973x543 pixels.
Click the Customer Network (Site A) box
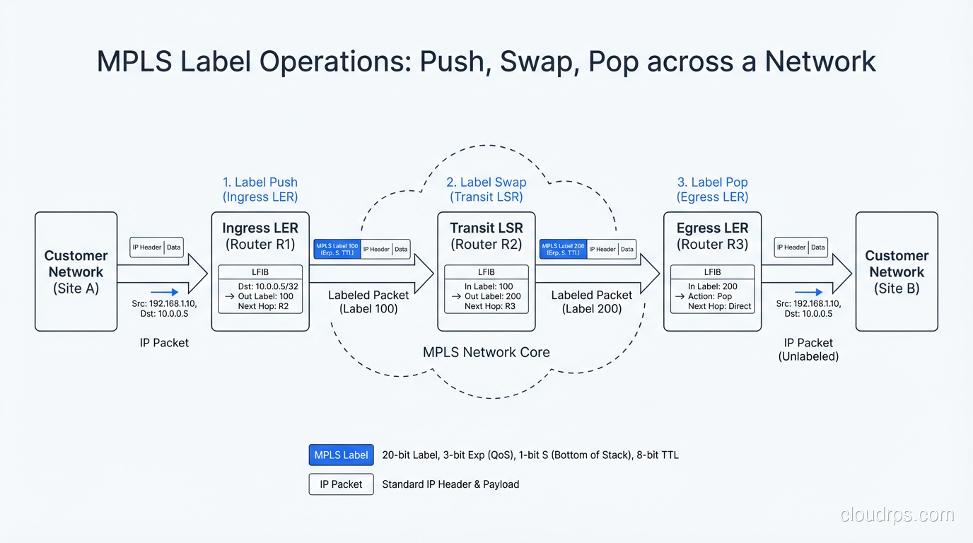click(x=76, y=271)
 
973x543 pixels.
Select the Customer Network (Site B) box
click(x=896, y=271)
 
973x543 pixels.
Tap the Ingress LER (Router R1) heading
click(x=260, y=236)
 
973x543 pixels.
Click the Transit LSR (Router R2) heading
click(x=486, y=236)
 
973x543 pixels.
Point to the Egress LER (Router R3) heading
click(x=712, y=236)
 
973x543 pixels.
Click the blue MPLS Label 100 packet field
click(x=337, y=249)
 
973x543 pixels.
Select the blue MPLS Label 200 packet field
click(x=563, y=249)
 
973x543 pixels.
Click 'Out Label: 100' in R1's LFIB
click(x=265, y=296)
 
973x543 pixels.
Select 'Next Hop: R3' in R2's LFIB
click(x=490, y=306)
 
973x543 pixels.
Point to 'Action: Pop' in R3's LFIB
click(x=710, y=296)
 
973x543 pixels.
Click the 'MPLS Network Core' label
click(x=486, y=352)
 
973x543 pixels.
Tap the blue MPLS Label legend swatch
click(x=341, y=455)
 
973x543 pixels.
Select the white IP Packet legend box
click(x=341, y=484)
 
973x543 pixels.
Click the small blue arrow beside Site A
click(x=164, y=291)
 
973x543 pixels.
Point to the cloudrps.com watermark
click(x=897, y=515)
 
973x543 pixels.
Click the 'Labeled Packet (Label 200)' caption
click(x=591, y=302)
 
